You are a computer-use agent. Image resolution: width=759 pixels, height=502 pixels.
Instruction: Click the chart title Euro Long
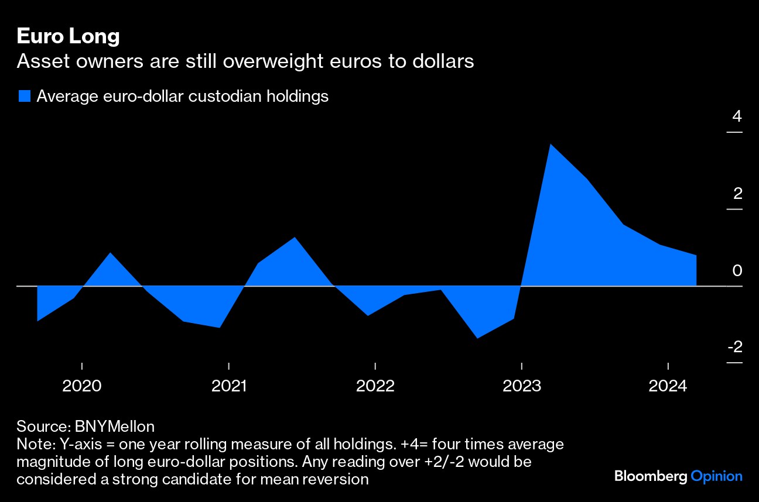[x=68, y=36]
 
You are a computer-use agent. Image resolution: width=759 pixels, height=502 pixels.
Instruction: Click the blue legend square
[x=24, y=97]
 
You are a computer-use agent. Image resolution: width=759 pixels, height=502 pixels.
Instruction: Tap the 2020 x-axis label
[x=81, y=386]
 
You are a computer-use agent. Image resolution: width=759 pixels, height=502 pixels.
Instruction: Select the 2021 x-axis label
[x=228, y=386]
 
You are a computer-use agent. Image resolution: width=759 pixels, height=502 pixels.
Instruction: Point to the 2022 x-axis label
[x=375, y=386]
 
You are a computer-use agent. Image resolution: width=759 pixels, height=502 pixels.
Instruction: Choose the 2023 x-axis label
[x=522, y=386]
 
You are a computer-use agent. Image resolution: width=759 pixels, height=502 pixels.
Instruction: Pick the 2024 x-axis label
[x=669, y=386]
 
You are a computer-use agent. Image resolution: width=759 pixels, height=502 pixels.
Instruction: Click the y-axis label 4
[x=737, y=116]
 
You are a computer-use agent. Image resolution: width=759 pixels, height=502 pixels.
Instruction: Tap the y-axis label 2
[x=737, y=193]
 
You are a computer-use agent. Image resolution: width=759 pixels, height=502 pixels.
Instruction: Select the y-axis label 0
[x=737, y=270]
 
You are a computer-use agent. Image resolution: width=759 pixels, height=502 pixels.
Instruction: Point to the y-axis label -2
[x=734, y=347]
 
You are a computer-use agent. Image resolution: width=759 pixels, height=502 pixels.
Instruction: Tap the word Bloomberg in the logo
[x=650, y=476]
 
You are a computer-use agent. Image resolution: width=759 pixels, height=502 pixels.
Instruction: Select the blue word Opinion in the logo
[x=716, y=476]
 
